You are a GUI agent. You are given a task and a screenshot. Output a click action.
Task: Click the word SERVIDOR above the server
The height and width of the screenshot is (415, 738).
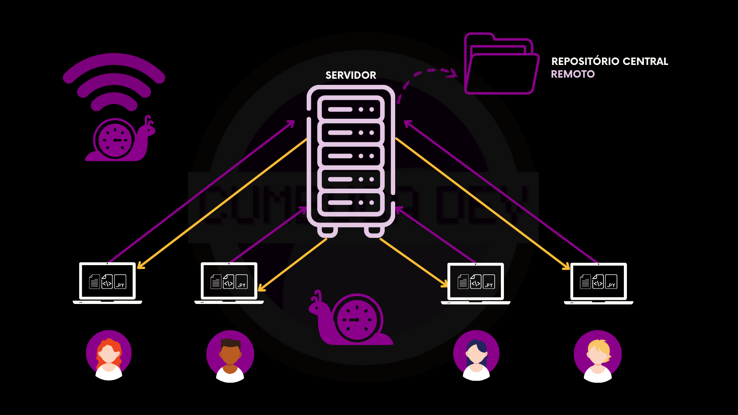[351, 75]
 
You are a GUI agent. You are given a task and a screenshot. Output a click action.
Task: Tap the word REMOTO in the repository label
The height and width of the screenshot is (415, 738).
[572, 74]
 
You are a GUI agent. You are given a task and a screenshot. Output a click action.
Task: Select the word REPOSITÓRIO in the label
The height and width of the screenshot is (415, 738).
[585, 61]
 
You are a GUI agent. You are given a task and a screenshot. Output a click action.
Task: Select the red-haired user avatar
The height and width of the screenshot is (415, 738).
[109, 355]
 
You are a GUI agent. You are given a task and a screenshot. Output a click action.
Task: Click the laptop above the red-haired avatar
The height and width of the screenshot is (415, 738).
[107, 283]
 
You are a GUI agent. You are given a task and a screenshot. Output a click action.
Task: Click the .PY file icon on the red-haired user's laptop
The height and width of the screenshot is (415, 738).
[120, 282]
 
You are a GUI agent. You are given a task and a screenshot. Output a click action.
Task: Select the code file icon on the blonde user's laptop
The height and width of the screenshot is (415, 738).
[598, 282]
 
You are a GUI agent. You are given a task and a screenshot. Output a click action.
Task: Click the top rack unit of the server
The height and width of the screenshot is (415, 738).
[351, 110]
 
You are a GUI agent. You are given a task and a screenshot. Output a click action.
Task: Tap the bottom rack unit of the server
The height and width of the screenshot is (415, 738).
[351, 203]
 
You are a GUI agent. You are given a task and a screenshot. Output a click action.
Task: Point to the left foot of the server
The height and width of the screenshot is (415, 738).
[327, 231]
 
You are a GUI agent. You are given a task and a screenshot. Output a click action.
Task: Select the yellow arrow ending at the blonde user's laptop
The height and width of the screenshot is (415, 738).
[484, 204]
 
